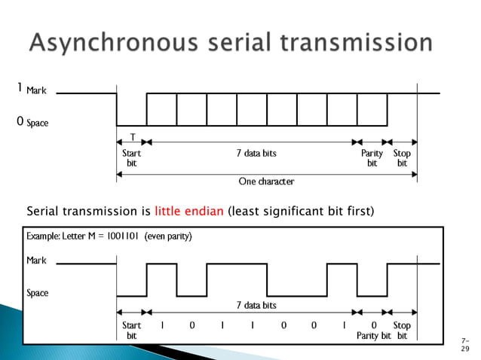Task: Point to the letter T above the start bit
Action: point(133,138)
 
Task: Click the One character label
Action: point(266,182)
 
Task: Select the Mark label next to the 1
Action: point(36,91)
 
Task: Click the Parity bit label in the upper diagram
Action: point(372,157)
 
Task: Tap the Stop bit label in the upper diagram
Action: point(402,157)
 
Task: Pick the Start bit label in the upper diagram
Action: point(131,157)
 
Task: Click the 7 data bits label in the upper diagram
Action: point(256,153)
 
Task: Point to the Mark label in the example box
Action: point(37,260)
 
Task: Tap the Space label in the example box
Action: point(38,293)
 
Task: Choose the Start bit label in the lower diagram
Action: point(131,331)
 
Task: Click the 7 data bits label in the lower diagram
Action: point(256,305)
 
